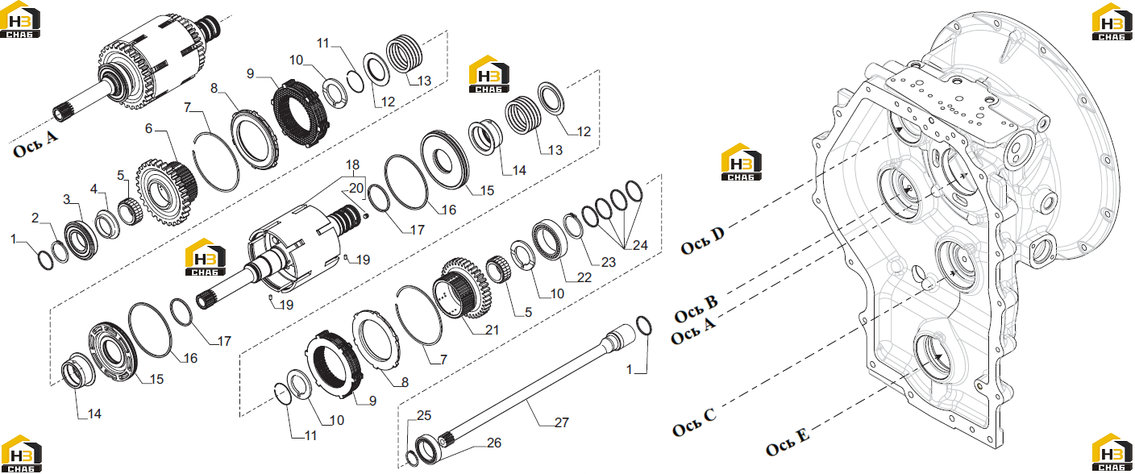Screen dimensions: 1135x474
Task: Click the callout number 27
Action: click(x=562, y=422)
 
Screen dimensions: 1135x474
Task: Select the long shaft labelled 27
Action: click(x=537, y=386)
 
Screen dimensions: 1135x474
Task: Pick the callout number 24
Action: click(x=640, y=245)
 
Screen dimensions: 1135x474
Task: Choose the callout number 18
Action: click(x=352, y=164)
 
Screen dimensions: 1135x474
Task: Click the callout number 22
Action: click(x=584, y=277)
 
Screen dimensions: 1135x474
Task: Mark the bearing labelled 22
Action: click(x=548, y=239)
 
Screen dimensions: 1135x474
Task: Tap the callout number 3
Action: click(x=66, y=199)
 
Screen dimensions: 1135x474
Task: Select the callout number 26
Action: click(x=494, y=443)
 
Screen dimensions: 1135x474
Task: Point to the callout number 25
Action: click(x=423, y=416)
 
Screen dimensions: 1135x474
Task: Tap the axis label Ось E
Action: click(x=788, y=443)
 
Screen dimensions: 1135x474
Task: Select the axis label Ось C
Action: click(x=694, y=422)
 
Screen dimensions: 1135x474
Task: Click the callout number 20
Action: click(x=356, y=188)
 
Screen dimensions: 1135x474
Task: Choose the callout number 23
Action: click(x=609, y=262)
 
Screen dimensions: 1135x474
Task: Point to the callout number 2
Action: click(x=35, y=218)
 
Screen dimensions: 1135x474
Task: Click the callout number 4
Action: click(x=94, y=189)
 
